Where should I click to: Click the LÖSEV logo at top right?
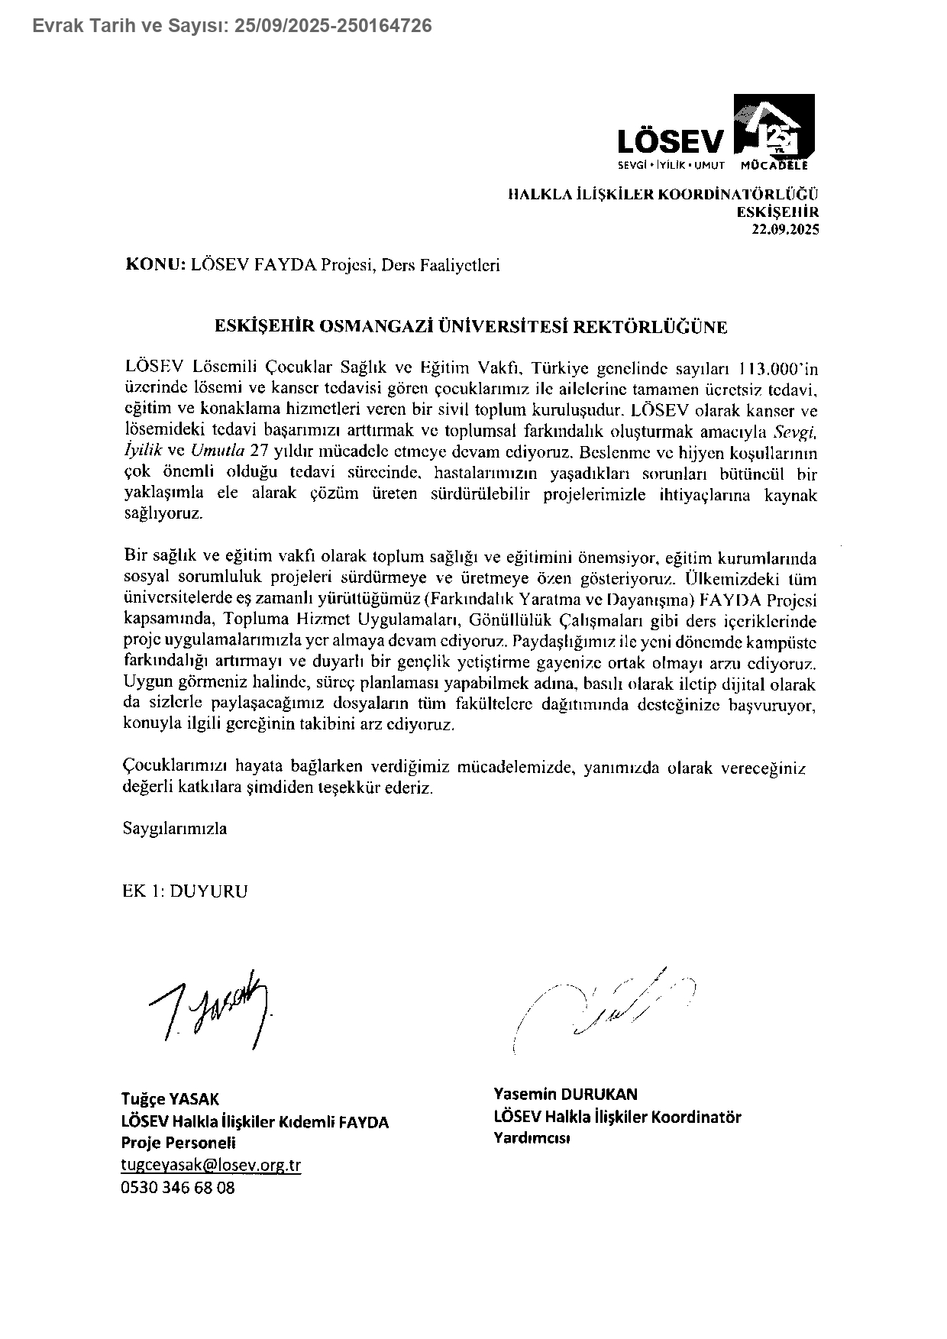(x=716, y=131)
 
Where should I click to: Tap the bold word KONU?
(x=155, y=265)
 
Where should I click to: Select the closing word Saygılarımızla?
(x=175, y=828)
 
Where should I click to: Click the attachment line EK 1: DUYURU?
(x=186, y=891)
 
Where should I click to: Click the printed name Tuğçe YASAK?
(x=170, y=1099)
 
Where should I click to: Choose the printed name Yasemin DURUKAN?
(x=566, y=1094)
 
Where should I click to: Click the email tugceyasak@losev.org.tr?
(x=212, y=1165)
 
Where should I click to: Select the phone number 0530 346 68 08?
(x=178, y=1188)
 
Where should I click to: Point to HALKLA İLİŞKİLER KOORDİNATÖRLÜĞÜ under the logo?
(x=664, y=195)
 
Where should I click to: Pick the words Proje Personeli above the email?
(x=179, y=1143)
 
